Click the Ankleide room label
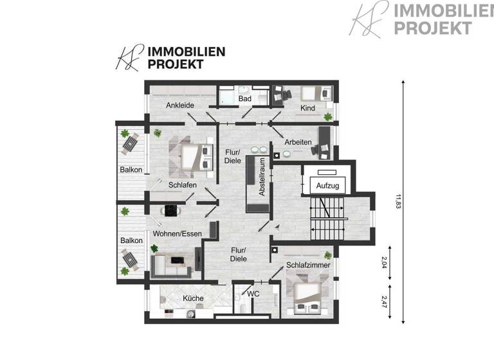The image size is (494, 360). click(179, 105)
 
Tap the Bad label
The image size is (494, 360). click(244, 99)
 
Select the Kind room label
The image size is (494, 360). click(308, 108)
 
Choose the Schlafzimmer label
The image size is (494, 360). click(309, 264)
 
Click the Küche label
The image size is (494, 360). click(193, 298)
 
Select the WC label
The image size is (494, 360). click(253, 294)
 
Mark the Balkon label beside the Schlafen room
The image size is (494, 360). click(131, 170)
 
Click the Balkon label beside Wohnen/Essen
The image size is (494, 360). click(131, 240)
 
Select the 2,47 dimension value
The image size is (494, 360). click(385, 303)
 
